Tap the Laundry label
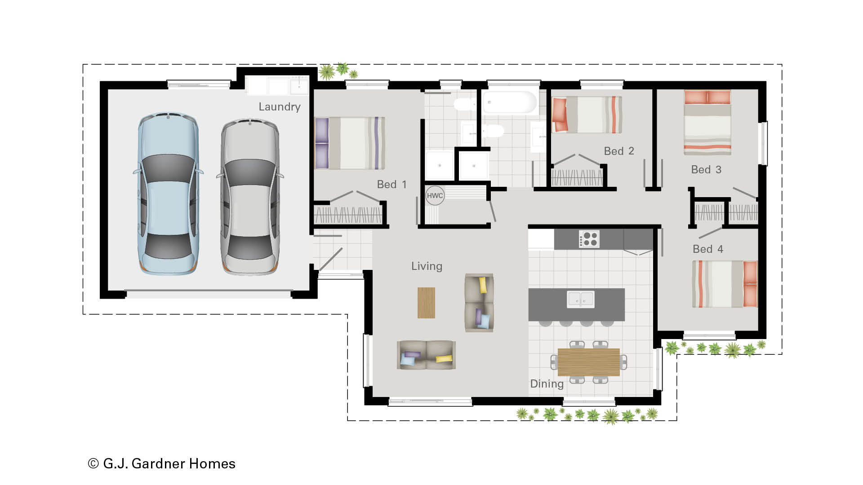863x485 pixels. [x=279, y=107]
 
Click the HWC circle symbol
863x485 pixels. [x=435, y=195]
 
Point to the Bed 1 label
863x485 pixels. [x=391, y=185]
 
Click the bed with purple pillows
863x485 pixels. [x=350, y=143]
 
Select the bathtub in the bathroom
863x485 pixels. [x=509, y=103]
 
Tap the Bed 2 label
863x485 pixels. [x=618, y=151]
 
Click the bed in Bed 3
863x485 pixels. [x=707, y=122]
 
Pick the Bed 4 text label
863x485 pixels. [x=707, y=249]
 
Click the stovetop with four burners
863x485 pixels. [x=589, y=239]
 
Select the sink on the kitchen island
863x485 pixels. [x=581, y=299]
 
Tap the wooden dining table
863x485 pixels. [x=588, y=362]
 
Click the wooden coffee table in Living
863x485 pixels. [x=426, y=303]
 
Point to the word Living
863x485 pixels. [x=427, y=266]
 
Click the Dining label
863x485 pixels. [x=547, y=384]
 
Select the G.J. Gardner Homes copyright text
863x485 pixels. [x=162, y=463]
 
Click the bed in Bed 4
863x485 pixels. [x=725, y=284]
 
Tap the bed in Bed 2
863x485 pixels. [x=587, y=115]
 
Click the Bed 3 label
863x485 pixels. [x=706, y=170]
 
